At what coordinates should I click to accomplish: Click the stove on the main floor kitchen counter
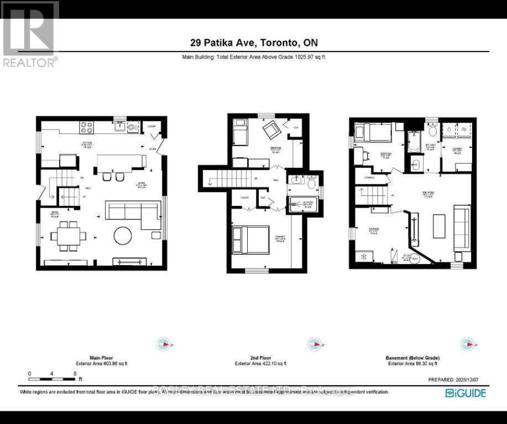tap(87, 127)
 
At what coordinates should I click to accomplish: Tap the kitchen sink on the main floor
tap(119, 127)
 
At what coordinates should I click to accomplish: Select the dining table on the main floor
tap(67, 236)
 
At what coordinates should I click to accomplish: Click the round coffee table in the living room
tap(123, 236)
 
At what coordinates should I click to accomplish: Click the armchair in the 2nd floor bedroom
tap(271, 131)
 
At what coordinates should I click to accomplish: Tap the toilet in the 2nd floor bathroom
tap(311, 183)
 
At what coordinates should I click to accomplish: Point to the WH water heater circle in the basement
tap(414, 257)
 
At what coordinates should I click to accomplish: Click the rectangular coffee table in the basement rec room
tap(439, 226)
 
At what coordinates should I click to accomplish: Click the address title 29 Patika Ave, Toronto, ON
tap(253, 43)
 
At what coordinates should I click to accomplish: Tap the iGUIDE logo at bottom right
tap(466, 393)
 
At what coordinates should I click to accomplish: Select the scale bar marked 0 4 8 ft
tap(53, 379)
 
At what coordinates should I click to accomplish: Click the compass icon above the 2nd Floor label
tap(314, 344)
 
